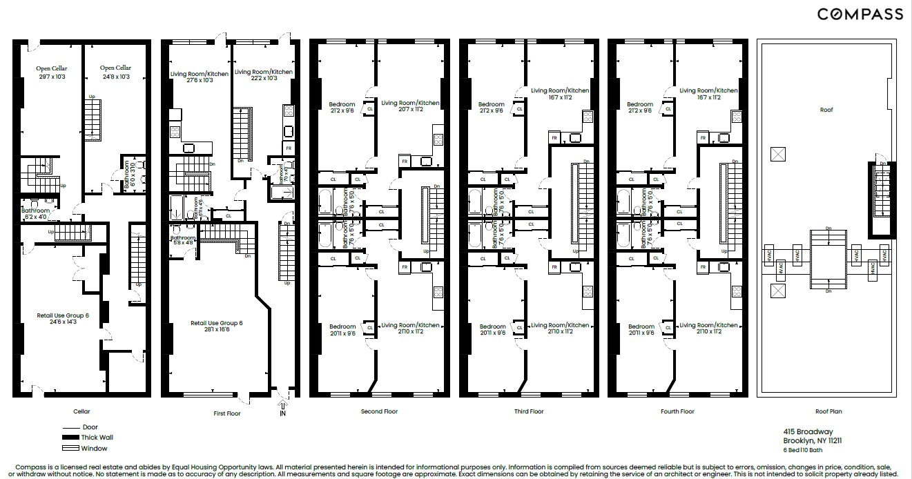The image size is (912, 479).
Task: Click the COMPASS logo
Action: (x=860, y=14)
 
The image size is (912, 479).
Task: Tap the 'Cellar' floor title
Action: (x=81, y=411)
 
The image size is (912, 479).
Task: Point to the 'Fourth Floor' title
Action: (x=677, y=411)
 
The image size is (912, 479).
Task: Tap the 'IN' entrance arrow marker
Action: (x=282, y=409)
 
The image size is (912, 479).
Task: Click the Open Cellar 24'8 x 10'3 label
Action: (x=115, y=72)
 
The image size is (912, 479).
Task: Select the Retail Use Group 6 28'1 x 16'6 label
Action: (x=217, y=326)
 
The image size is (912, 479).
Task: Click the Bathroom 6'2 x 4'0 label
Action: (x=36, y=214)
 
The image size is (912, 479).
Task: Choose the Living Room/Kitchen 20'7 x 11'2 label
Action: (x=410, y=107)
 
